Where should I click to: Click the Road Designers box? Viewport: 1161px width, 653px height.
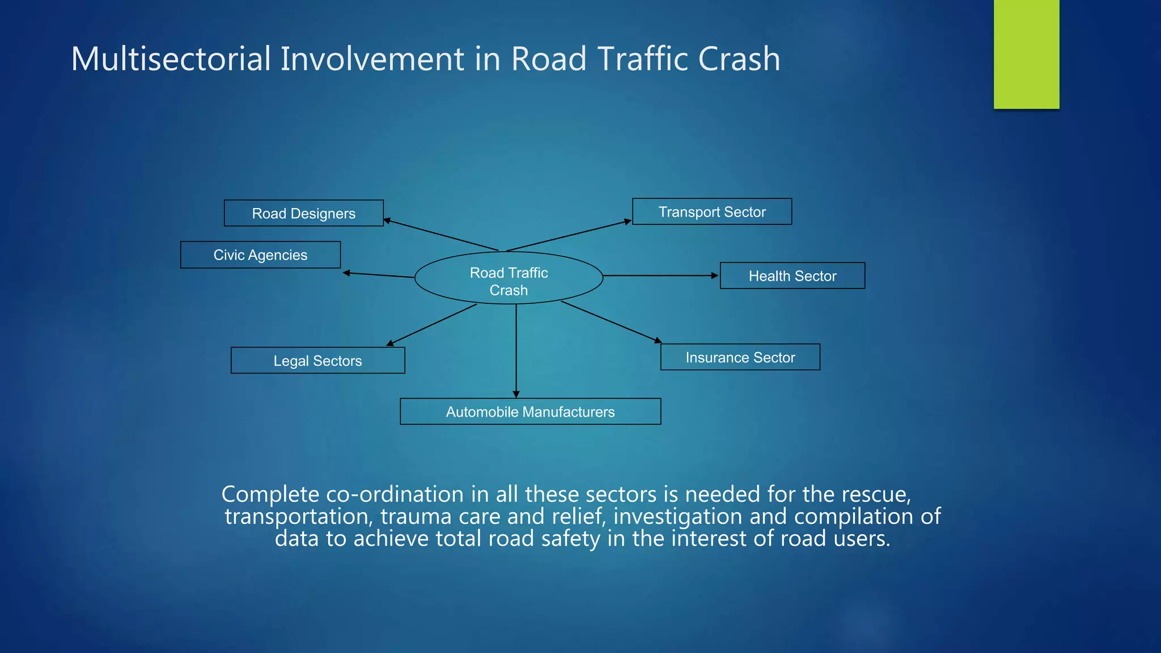[x=303, y=213]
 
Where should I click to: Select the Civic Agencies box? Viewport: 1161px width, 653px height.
[x=260, y=255]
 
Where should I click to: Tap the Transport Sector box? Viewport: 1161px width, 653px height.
[x=712, y=212]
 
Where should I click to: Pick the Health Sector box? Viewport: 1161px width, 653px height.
[x=793, y=276]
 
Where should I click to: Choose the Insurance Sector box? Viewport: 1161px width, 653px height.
[x=740, y=358]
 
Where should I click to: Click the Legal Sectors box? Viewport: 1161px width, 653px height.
[x=317, y=361]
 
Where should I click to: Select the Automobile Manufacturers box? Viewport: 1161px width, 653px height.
[x=530, y=412]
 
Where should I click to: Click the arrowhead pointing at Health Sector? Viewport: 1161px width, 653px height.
[x=715, y=275]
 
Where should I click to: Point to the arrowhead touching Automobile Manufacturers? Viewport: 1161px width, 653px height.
[x=516, y=394]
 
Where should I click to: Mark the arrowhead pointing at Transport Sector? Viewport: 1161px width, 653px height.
[x=628, y=222]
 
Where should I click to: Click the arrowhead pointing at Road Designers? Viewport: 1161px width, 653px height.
[x=387, y=221]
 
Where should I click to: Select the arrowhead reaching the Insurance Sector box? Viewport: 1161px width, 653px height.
[x=658, y=340]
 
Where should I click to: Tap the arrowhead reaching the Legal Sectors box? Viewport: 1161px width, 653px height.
[x=390, y=343]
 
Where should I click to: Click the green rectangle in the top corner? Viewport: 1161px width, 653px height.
[x=1026, y=54]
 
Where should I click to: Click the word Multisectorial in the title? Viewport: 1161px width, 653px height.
[x=171, y=59]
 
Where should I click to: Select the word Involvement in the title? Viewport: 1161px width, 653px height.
[x=372, y=59]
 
